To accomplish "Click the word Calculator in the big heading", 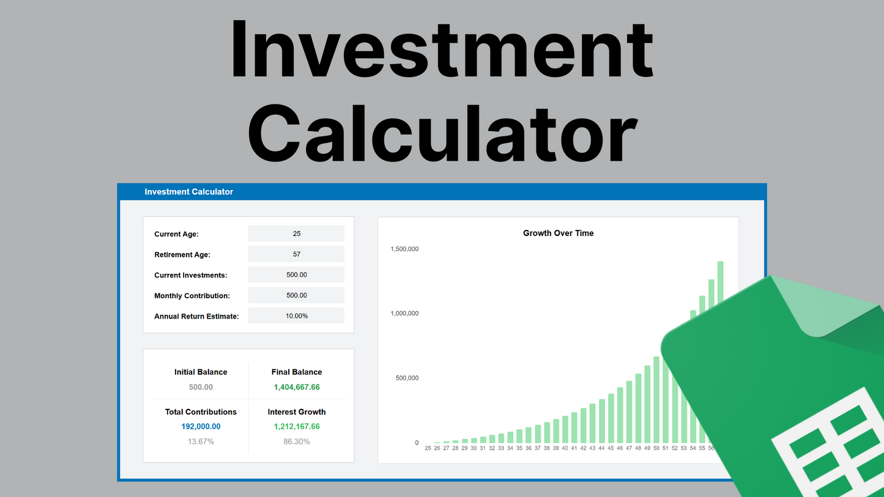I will click(x=442, y=133).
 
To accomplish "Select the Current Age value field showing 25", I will click(x=296, y=234).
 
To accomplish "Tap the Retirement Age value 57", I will click(x=296, y=254).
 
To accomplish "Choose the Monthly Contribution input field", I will click(x=296, y=295).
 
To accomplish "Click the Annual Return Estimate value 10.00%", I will click(x=296, y=316).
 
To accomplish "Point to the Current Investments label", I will click(x=190, y=275).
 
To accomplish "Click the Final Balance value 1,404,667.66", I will click(x=297, y=387).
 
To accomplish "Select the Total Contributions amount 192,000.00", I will click(x=201, y=427).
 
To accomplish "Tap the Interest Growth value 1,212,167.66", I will click(x=297, y=427).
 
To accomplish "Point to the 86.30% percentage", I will click(x=297, y=441).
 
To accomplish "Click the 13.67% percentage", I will click(x=201, y=441).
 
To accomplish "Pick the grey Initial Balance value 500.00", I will click(x=201, y=387).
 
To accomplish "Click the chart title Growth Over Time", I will click(x=558, y=233).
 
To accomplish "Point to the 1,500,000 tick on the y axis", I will click(x=404, y=249).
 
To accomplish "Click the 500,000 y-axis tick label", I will click(x=407, y=378).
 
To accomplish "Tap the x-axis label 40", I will click(x=565, y=448).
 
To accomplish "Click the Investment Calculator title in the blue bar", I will click(x=188, y=192).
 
